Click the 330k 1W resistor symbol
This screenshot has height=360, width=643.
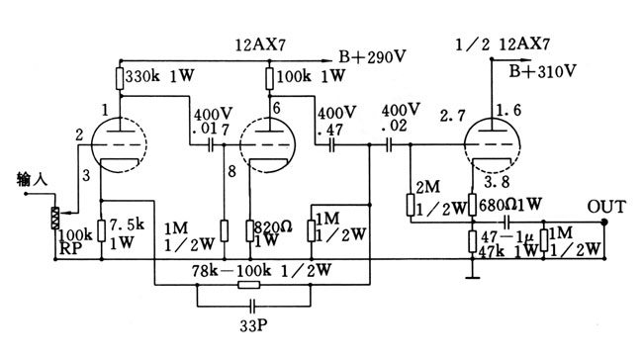click(x=120, y=78)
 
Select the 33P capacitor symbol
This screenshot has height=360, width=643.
click(x=252, y=306)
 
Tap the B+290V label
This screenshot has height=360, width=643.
click(x=372, y=56)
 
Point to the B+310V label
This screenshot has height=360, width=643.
click(x=542, y=71)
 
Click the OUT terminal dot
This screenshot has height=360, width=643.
click(x=604, y=222)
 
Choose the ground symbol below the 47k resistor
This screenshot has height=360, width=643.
click(x=473, y=278)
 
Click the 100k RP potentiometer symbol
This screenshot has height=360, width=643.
click(x=54, y=218)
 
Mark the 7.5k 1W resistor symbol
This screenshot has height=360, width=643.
click(x=101, y=230)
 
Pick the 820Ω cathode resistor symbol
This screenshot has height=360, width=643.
click(x=249, y=230)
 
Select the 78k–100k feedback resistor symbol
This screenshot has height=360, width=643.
click(x=249, y=284)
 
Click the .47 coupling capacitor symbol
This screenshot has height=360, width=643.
click(x=331, y=144)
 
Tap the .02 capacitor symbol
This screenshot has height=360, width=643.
click(x=389, y=144)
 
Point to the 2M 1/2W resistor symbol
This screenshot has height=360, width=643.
click(x=411, y=206)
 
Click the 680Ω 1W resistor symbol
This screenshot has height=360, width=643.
click(x=473, y=205)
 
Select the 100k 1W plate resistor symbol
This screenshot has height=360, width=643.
click(x=269, y=78)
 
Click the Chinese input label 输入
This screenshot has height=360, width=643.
click(x=32, y=179)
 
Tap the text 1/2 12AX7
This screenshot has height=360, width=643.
click(x=503, y=44)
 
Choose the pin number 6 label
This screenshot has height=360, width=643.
click(x=276, y=108)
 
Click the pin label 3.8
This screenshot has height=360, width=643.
click(x=497, y=181)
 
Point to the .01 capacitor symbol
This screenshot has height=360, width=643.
click(x=211, y=144)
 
